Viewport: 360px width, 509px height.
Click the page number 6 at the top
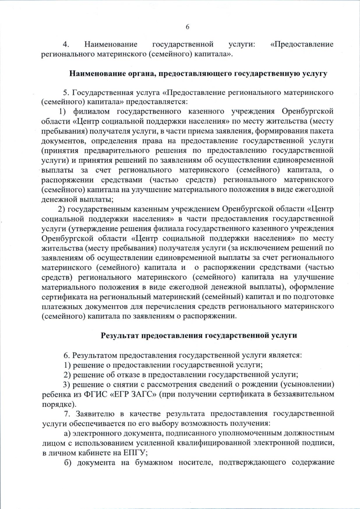tap(187, 27)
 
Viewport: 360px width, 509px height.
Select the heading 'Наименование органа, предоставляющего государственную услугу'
tap(198, 73)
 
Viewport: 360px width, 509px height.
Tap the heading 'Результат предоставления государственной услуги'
tap(199, 335)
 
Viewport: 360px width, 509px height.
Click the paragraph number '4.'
tap(66, 44)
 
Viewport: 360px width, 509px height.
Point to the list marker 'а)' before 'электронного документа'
tap(68, 433)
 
